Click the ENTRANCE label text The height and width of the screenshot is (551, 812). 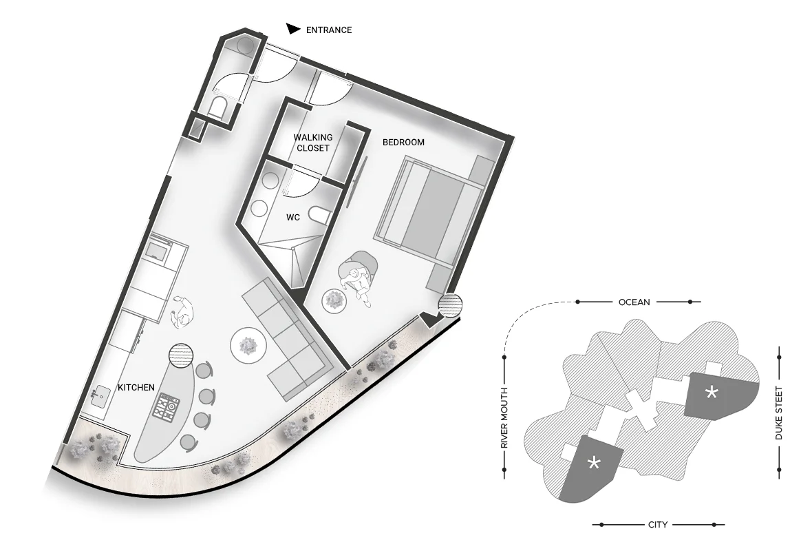(x=329, y=30)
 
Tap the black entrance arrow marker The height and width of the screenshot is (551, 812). (x=293, y=29)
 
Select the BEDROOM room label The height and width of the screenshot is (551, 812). (x=403, y=142)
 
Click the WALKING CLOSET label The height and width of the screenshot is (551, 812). (x=313, y=143)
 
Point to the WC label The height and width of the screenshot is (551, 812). (x=293, y=218)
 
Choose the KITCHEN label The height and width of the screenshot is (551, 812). (x=136, y=387)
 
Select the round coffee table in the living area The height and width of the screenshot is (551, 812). (x=248, y=344)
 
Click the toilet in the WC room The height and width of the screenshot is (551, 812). (x=319, y=216)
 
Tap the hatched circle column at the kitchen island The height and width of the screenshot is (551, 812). (x=181, y=356)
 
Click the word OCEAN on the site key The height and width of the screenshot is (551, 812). (x=634, y=302)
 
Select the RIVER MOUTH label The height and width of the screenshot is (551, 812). (x=504, y=418)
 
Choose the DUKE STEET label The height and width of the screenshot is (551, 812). (x=779, y=413)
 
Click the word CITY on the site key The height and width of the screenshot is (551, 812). (x=658, y=525)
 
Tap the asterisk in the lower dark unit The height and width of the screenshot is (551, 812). (x=594, y=461)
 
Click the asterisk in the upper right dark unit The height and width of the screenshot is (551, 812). (x=712, y=393)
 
